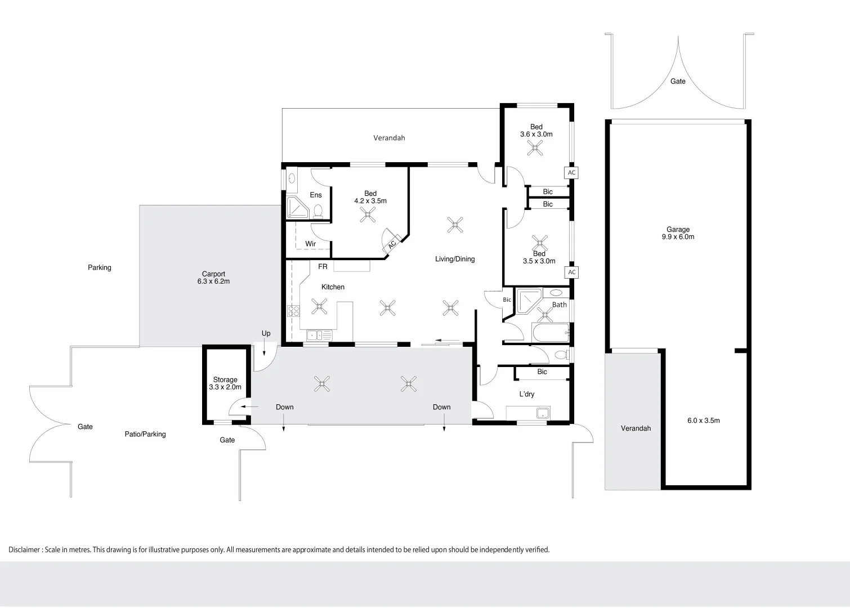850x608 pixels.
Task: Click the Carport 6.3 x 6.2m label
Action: coord(213,278)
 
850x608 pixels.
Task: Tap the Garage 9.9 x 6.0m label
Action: coord(678,233)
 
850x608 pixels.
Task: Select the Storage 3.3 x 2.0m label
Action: coord(225,383)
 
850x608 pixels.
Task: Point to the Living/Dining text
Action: coord(455,259)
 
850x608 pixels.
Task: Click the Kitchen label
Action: coord(333,287)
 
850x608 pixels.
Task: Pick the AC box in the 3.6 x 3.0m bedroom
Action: coord(571,173)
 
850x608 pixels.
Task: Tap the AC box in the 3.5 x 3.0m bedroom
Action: coord(571,272)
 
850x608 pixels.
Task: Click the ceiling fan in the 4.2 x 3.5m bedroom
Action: coord(368,214)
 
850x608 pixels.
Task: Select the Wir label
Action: coord(310,244)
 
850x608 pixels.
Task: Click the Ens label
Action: coord(316,195)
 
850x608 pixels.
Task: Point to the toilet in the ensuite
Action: coord(318,211)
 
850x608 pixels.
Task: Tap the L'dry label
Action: coord(527,394)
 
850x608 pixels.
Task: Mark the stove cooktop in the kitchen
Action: coord(293,311)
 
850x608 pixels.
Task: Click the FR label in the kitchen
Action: coord(323,267)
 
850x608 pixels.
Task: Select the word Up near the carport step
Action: coord(266,333)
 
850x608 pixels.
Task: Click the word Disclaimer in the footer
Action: coord(24,549)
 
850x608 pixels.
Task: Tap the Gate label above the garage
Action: coord(678,82)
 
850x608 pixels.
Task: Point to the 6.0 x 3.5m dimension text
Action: coord(703,421)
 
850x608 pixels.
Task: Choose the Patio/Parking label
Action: coord(145,434)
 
